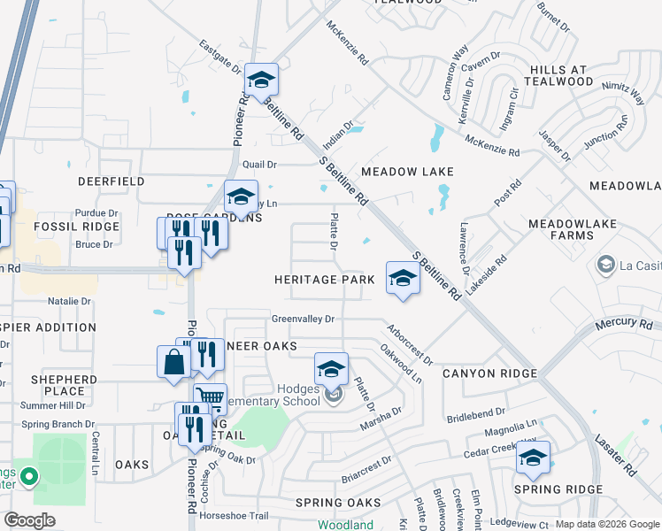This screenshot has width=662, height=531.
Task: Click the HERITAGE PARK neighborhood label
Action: [324, 279]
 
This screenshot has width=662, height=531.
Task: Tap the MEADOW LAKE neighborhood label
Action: [406, 172]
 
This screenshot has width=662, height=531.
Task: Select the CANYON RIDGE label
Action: [489, 373]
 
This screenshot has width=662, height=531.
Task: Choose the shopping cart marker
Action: [210, 400]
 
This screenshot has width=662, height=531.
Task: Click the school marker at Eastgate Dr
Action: [261, 81]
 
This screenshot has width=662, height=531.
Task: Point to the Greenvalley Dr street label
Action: [303, 319]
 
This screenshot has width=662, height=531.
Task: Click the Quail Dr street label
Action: [260, 164]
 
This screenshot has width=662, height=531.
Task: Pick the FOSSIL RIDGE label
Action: [64, 227]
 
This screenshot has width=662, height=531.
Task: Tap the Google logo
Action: [31, 520]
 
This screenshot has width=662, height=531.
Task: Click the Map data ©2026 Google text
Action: [606, 524]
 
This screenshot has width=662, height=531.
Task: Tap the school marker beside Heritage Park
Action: [402, 279]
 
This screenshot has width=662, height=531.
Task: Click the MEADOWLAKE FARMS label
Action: [573, 230]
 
